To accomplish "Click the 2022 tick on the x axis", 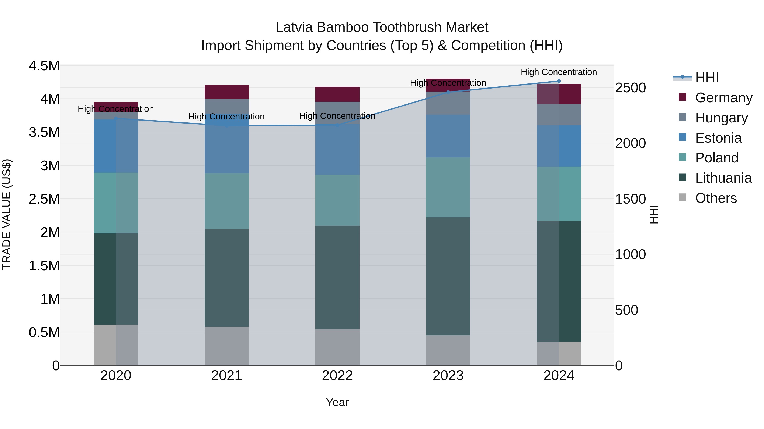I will (x=337, y=375).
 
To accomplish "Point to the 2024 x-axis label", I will (x=559, y=375).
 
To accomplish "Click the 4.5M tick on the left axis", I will (x=44, y=66).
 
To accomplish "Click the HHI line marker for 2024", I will (x=559, y=81).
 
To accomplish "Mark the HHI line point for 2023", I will (x=448, y=92).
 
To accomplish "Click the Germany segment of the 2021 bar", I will (x=227, y=92).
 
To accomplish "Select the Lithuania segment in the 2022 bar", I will (x=337, y=277).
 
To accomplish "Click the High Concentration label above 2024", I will (x=559, y=72).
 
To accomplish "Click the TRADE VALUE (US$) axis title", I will (x=7, y=214).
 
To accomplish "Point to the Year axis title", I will (x=337, y=402).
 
